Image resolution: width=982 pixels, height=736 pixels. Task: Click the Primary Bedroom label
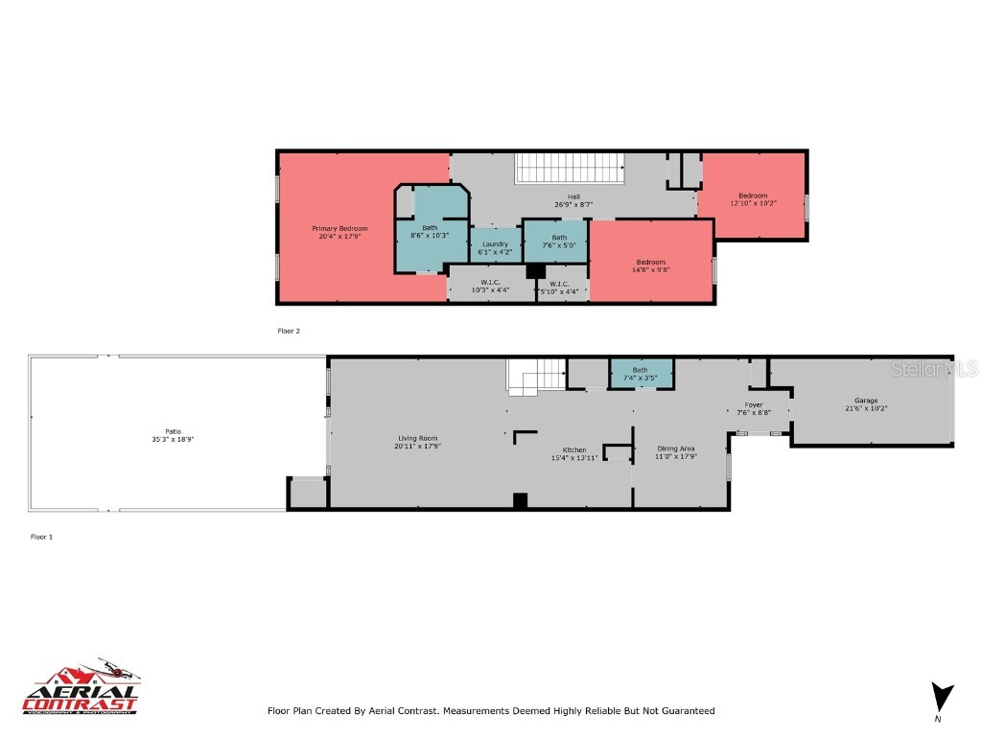click(x=339, y=228)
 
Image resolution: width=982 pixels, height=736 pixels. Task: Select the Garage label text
click(x=866, y=401)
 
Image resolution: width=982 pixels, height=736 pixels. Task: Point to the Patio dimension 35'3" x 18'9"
click(x=173, y=439)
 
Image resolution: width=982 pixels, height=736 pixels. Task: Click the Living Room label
click(x=417, y=438)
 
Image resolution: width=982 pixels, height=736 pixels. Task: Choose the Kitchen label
click(x=574, y=449)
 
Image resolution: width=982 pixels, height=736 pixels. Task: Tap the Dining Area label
click(x=676, y=448)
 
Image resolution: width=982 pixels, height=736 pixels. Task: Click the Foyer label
click(x=754, y=405)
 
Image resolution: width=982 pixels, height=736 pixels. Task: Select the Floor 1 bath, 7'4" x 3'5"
click(x=641, y=373)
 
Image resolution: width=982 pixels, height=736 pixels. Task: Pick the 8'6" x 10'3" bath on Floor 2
click(x=430, y=230)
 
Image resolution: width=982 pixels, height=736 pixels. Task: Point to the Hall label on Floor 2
click(x=573, y=197)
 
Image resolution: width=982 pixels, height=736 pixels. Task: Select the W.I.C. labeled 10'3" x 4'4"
click(x=490, y=286)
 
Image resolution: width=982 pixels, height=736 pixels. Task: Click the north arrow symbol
click(x=943, y=697)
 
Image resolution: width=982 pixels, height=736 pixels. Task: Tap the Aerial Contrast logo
click(x=82, y=687)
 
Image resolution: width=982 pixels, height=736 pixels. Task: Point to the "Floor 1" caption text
click(x=41, y=537)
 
